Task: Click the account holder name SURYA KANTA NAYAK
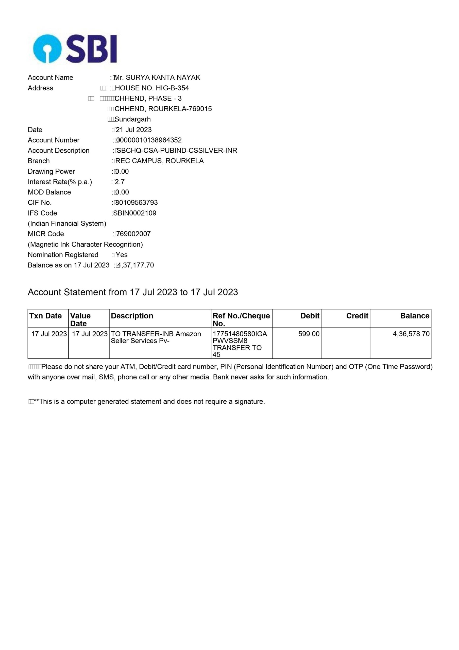click(163, 78)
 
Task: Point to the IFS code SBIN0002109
click(135, 213)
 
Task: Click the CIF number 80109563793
click(137, 203)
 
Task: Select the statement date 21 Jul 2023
click(133, 130)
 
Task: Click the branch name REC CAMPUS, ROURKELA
click(160, 161)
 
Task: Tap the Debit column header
click(310, 316)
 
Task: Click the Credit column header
click(357, 316)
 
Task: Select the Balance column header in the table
click(415, 316)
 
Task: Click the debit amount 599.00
click(309, 334)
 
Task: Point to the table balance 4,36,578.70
click(411, 334)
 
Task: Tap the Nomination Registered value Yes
click(122, 255)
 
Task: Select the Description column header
click(132, 316)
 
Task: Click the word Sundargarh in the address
click(132, 119)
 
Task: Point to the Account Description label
click(59, 151)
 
